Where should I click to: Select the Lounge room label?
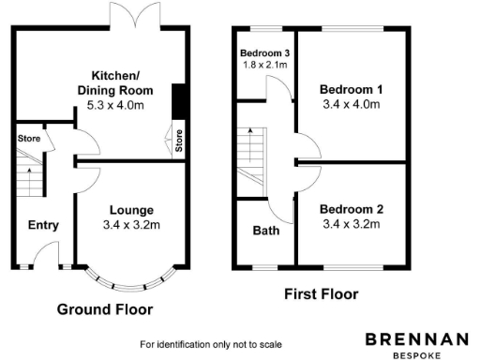131,209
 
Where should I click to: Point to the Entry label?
43,225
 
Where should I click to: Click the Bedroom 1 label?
350,89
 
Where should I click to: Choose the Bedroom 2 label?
350,209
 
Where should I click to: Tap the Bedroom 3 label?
263,52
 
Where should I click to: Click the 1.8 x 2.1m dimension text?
263,65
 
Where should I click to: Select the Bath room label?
265,231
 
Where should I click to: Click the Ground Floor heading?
105,308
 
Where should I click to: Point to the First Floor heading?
321,293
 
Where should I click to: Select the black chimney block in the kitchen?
178,102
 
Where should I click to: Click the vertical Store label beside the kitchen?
178,142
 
